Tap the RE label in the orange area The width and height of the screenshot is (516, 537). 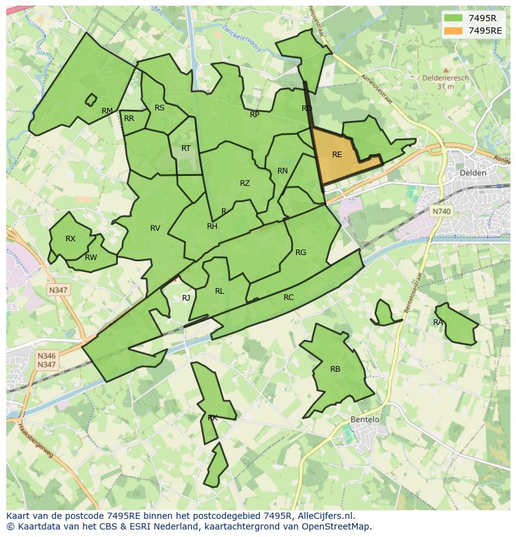(337, 155)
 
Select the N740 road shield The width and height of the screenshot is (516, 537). (441, 211)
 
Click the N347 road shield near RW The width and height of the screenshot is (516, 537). (58, 290)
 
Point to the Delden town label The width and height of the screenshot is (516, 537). (472, 173)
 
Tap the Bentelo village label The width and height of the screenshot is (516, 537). (365, 419)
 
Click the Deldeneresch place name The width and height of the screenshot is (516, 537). (445, 79)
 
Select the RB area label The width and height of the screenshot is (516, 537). (335, 369)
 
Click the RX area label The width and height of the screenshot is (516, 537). (70, 239)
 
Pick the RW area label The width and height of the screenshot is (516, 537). (91, 258)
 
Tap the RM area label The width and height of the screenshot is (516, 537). (107, 111)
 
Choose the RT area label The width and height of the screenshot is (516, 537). (186, 148)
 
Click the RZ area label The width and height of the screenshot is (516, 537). (245, 183)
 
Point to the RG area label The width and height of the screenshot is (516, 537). (301, 253)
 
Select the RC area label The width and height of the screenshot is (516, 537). (289, 298)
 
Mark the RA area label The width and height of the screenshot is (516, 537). (438, 322)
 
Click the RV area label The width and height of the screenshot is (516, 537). (155, 228)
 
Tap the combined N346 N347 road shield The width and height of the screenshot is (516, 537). (47, 360)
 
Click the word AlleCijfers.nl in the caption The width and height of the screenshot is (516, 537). (324, 516)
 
